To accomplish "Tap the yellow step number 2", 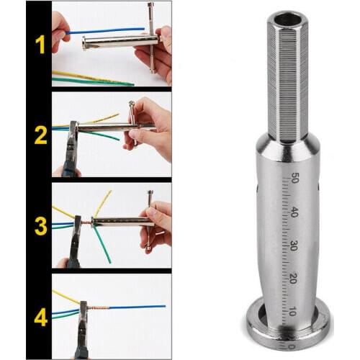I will click(x=39, y=134).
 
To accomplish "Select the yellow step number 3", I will click(x=39, y=225).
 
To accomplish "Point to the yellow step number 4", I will click(x=39, y=315).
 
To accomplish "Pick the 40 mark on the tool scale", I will click(x=295, y=213).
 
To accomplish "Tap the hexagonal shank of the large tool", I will click(x=287, y=79).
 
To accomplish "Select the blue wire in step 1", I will click(x=108, y=31).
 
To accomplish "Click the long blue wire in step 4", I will click(x=137, y=307).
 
